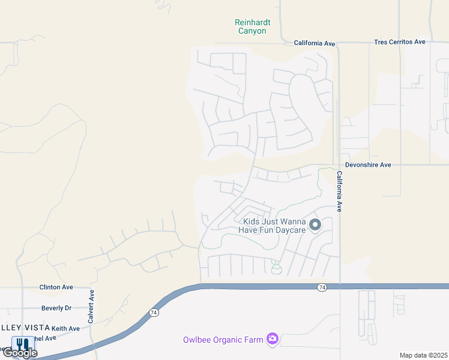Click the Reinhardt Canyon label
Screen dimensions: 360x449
click(252, 26)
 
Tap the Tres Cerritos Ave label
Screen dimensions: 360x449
click(399, 42)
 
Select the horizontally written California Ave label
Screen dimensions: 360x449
click(314, 43)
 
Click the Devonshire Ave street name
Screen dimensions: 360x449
click(368, 164)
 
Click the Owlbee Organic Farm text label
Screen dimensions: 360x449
click(223, 340)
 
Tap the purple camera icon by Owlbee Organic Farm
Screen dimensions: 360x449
click(273, 340)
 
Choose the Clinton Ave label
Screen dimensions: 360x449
click(56, 287)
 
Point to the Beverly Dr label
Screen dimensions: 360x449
click(56, 308)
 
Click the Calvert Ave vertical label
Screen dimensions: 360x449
click(92, 308)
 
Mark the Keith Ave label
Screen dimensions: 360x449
click(65, 328)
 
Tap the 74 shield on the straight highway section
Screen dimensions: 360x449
click(322, 288)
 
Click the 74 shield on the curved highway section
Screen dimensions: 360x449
click(154, 313)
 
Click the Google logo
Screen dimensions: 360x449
click(20, 353)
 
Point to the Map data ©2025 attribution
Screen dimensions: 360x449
click(423, 355)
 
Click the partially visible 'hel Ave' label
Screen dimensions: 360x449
click(46, 338)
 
